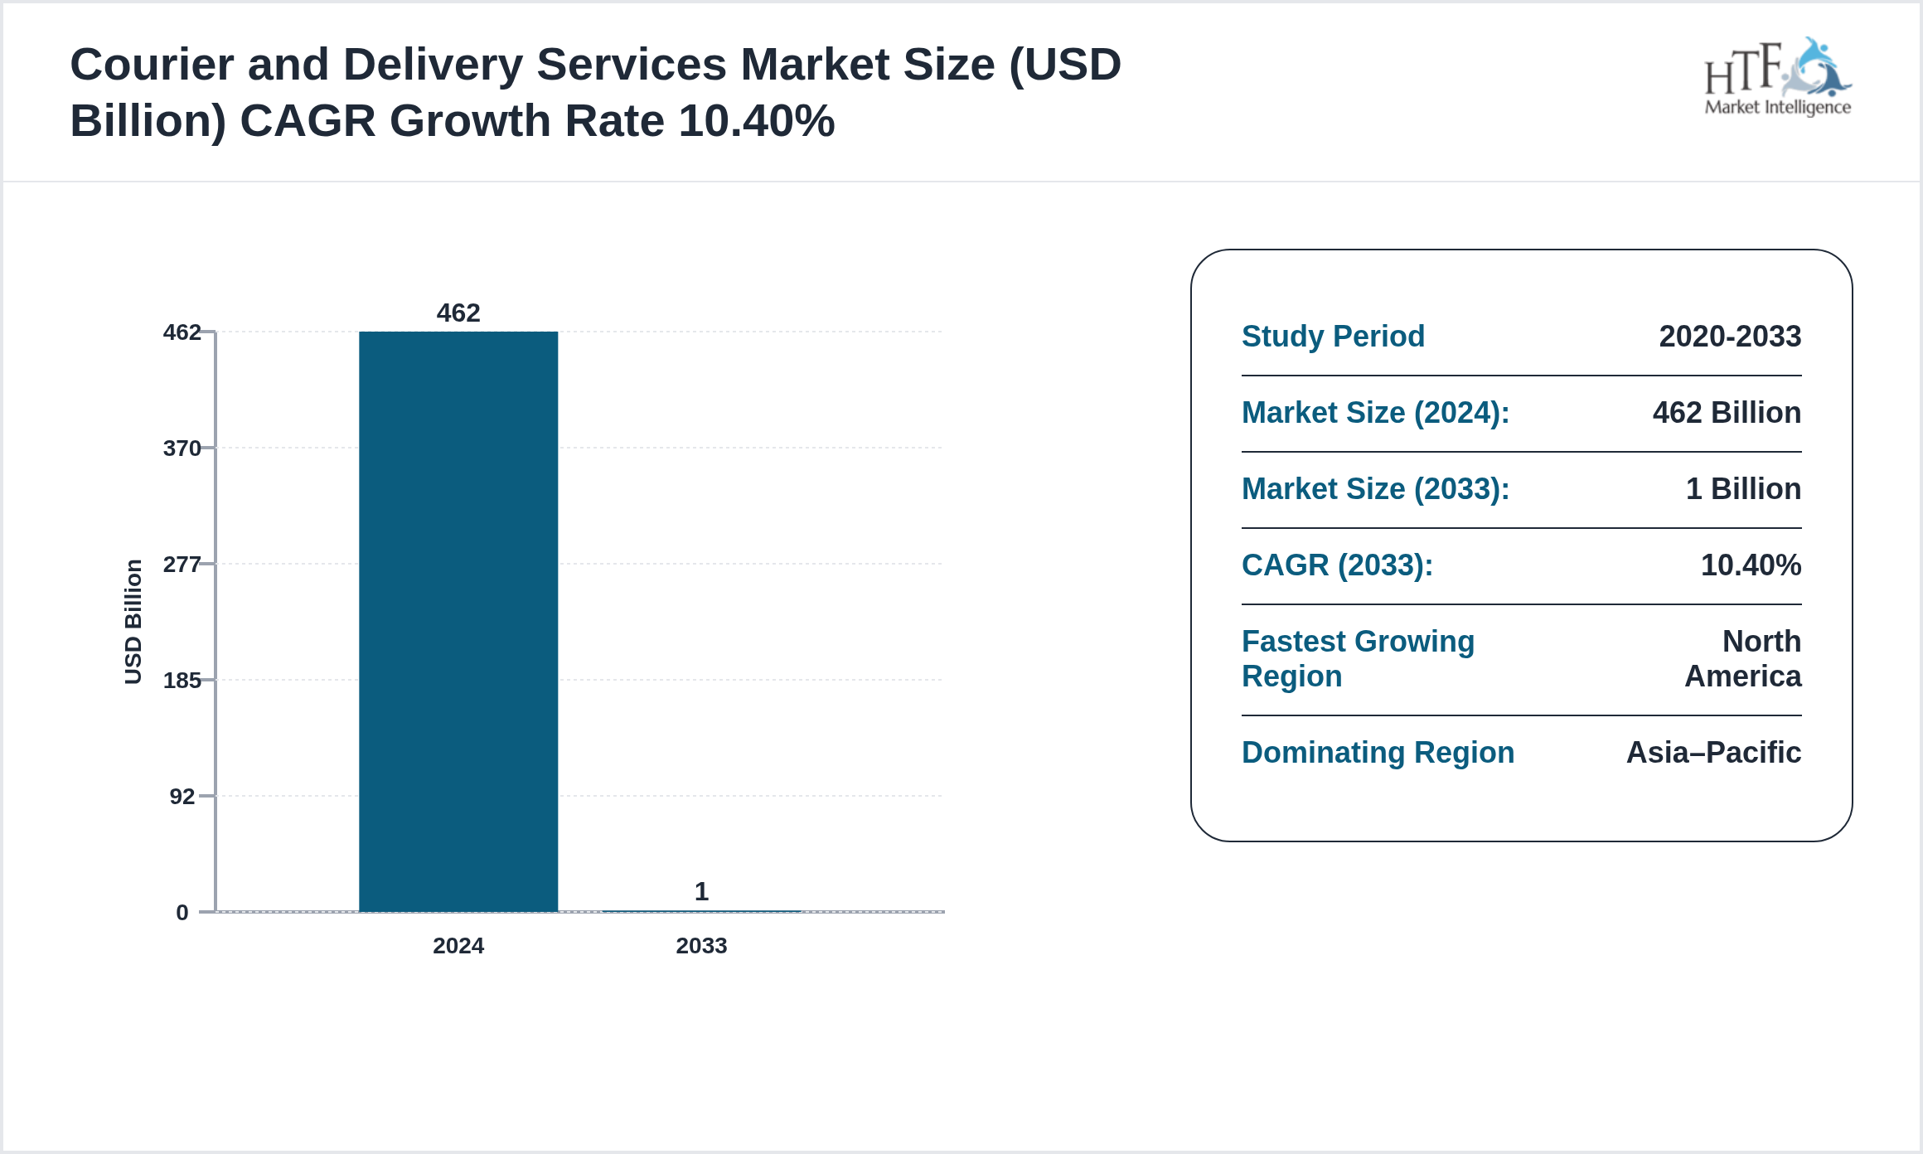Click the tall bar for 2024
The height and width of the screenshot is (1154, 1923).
tap(458, 622)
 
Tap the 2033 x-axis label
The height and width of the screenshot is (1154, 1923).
tap(701, 946)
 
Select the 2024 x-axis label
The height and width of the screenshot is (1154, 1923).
tap(458, 946)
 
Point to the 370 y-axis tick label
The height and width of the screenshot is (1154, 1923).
tap(182, 449)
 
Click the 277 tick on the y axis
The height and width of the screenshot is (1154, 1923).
tap(182, 565)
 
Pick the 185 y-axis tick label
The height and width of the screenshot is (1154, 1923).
tap(182, 681)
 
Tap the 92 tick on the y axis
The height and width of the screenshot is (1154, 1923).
tap(182, 797)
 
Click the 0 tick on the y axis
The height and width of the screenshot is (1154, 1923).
tap(182, 913)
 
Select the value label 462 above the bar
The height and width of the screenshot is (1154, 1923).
tap(458, 313)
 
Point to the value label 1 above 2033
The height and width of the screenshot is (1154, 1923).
tap(701, 891)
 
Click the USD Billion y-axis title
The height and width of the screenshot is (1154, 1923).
tap(133, 622)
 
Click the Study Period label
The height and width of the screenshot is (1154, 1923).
tap(1333, 337)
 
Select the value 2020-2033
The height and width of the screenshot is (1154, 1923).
tap(1730, 337)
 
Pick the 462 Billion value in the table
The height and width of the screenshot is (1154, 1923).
tap(1727, 413)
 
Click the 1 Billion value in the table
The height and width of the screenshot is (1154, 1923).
tap(1743, 489)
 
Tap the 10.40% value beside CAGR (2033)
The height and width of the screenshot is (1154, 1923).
tap(1751, 565)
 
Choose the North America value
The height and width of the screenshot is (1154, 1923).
tap(1743, 659)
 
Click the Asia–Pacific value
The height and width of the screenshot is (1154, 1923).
tap(1713, 753)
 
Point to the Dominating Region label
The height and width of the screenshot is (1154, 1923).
tap(1378, 753)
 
